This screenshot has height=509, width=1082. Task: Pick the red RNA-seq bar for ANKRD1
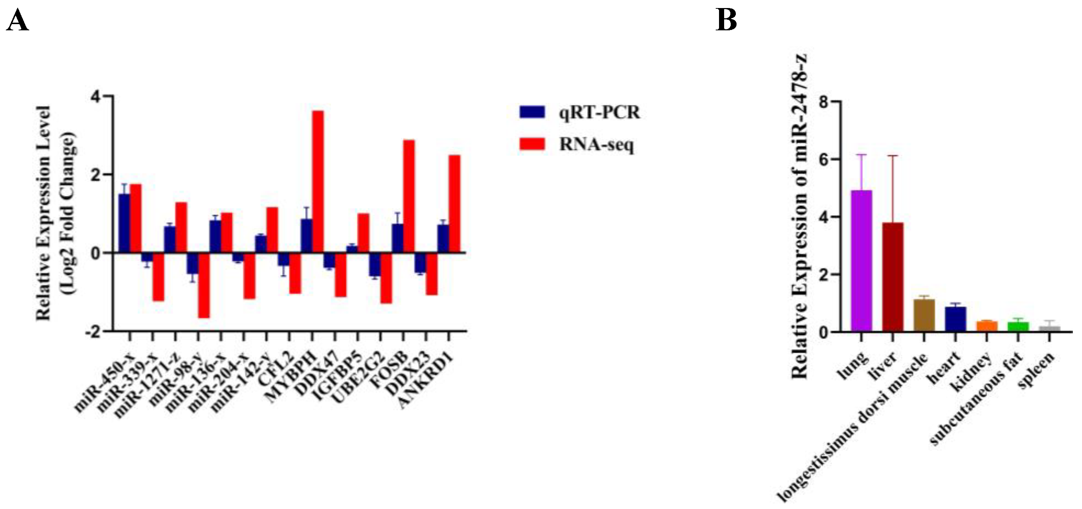coord(454,204)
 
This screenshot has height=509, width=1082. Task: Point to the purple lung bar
coord(862,261)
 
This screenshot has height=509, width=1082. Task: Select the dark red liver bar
coord(893,277)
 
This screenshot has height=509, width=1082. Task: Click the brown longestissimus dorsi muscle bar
coord(924,315)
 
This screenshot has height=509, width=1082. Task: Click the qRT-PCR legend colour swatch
coord(532,112)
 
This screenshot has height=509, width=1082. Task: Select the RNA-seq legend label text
coord(596,145)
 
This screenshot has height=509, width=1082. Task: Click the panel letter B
coord(726,20)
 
